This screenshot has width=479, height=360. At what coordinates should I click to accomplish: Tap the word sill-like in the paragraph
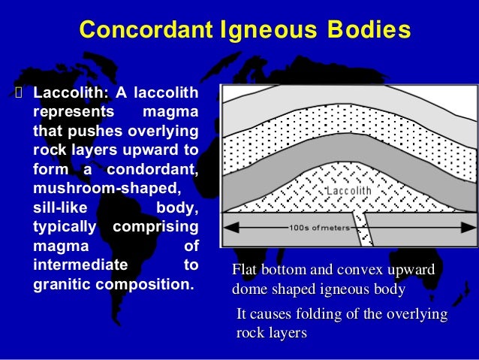coord(59,207)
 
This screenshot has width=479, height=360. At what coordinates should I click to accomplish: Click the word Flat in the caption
coord(246,271)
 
